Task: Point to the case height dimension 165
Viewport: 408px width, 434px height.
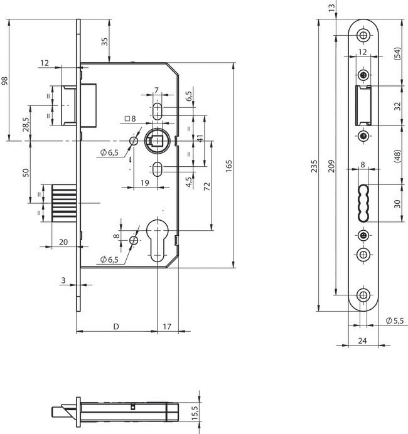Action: (x=230, y=165)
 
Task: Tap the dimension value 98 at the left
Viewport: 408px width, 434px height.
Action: (x=6, y=80)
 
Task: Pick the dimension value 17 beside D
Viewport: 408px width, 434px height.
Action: (x=167, y=327)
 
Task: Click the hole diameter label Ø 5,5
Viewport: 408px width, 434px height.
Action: (x=395, y=320)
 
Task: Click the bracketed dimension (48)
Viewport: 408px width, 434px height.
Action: (x=397, y=156)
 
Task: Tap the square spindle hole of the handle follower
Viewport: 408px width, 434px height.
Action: (x=155, y=140)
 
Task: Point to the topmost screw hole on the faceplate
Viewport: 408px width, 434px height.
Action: (x=363, y=34)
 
